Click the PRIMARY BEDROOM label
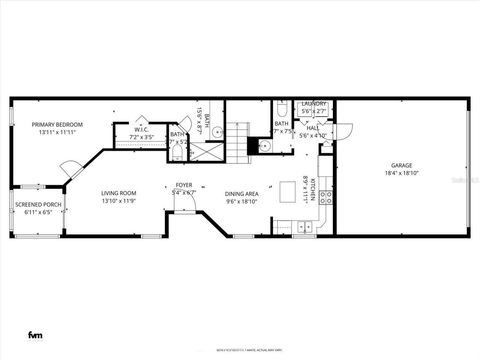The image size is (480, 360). [x=57, y=124]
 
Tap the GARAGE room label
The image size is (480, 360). [x=402, y=165]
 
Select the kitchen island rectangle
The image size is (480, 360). [x=288, y=192]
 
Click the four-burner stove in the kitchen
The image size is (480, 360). [x=325, y=197]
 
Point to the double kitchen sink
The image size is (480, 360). [x=304, y=226]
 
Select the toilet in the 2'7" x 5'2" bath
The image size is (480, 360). [x=177, y=153]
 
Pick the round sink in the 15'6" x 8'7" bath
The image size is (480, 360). [x=218, y=132]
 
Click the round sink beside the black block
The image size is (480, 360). [x=265, y=145]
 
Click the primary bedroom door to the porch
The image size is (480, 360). [x=71, y=171]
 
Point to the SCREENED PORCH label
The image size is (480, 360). [x=38, y=205]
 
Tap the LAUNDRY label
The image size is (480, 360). [x=314, y=104]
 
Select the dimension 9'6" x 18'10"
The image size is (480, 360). [x=241, y=201]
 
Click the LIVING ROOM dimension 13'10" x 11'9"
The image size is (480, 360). [x=118, y=201]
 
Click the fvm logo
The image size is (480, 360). [x=36, y=335]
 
